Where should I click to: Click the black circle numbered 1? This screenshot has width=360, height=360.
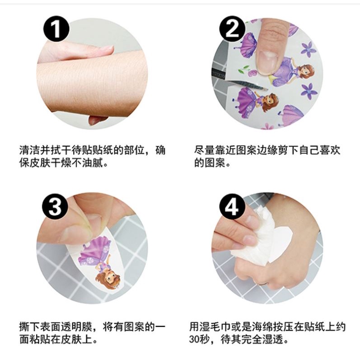pyautogui.click(x=56, y=29)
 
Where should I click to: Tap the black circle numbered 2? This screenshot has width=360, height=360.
pyautogui.click(x=232, y=29)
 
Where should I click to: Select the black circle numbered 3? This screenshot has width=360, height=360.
pyautogui.click(x=55, y=206)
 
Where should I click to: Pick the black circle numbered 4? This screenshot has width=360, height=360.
pyautogui.click(x=232, y=206)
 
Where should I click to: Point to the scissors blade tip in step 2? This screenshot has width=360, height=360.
pyautogui.click(x=267, y=89)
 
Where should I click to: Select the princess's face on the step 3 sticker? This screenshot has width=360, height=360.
pyautogui.click(x=108, y=277)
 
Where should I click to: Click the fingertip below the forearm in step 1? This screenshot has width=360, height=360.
pyautogui.click(x=96, y=120)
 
